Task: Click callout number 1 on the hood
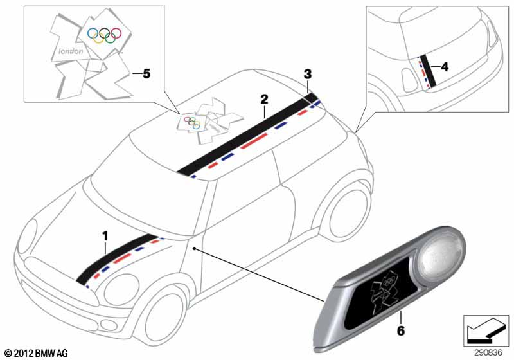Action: [105, 237]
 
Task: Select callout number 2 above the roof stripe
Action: [264, 100]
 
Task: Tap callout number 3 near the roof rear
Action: [308, 75]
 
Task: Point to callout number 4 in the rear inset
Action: [444, 67]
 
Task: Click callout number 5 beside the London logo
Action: [146, 74]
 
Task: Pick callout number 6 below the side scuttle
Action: [400, 330]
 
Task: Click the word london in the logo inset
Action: [71, 51]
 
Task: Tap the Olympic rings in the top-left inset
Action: [104, 35]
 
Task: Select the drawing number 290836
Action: [488, 353]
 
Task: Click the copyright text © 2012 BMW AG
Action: [37, 353]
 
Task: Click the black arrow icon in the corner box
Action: [486, 330]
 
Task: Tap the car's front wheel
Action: [161, 315]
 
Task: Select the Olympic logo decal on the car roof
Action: [210, 121]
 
